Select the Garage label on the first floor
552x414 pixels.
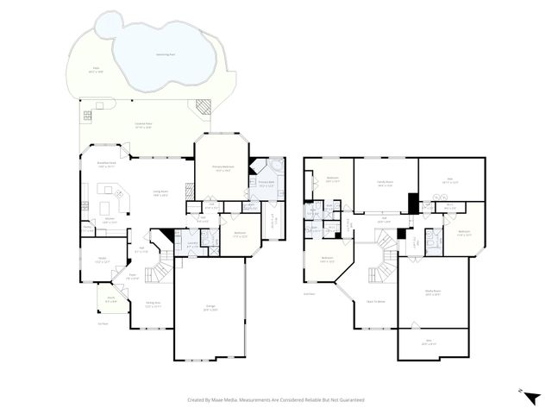point(210,309)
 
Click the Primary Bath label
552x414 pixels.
point(266,183)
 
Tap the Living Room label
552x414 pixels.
point(160,193)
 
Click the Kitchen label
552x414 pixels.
point(110,222)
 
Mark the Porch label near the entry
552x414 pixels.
point(111,299)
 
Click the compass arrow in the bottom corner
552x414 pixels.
point(532,398)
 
